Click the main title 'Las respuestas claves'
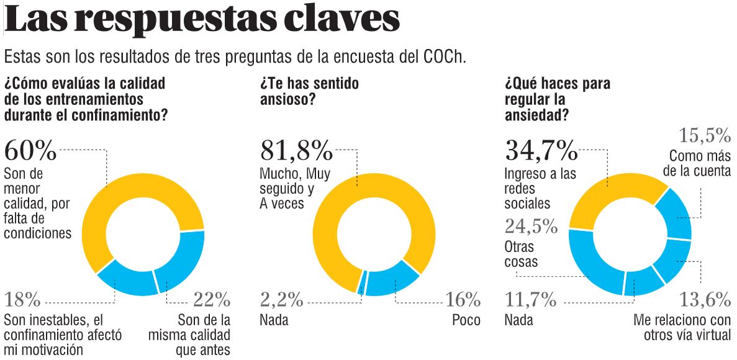[x=202, y=20]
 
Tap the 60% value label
[x=30, y=150]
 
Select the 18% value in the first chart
[x=22, y=301]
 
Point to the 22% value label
[x=212, y=301]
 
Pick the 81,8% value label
[x=296, y=150]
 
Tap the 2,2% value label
[x=281, y=301]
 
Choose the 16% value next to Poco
[x=463, y=301]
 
